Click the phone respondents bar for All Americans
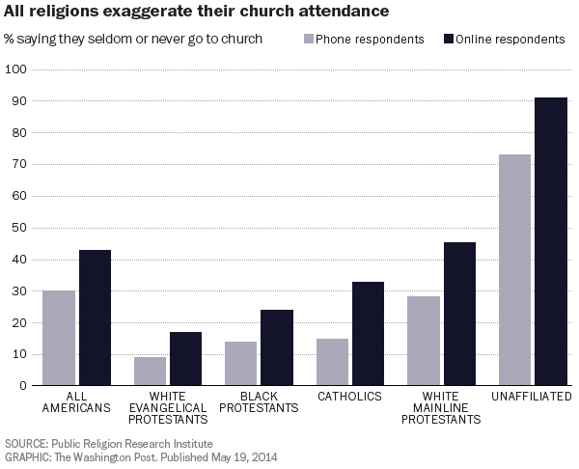[59, 338]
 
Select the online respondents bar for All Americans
[95, 317]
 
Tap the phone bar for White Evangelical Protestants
[150, 372]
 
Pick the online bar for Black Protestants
[276, 347]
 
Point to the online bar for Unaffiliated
[551, 241]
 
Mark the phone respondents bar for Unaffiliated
[514, 270]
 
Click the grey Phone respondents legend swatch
[310, 40]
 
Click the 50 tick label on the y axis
[17, 228]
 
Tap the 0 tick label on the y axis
[21, 386]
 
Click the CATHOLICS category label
[349, 397]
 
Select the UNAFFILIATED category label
[532, 397]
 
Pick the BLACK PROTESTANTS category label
[258, 402]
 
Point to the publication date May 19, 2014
[245, 456]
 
